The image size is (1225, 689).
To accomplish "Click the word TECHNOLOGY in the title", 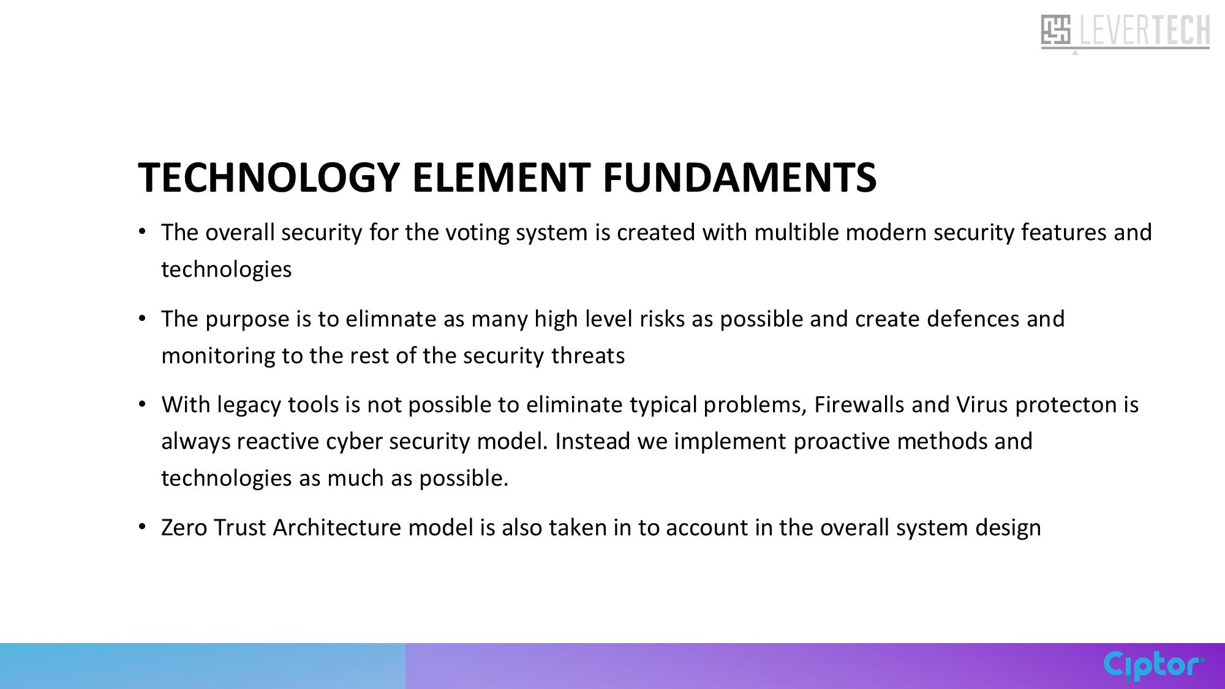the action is pyautogui.click(x=269, y=178).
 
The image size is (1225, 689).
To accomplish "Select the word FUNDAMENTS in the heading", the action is pyautogui.click(x=739, y=178).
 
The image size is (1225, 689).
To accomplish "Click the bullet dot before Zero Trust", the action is pyautogui.click(x=142, y=527).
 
